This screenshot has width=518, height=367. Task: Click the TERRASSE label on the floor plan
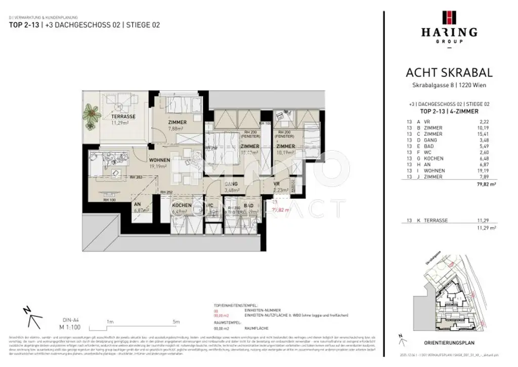click(x=123, y=116)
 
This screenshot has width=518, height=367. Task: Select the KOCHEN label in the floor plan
click(x=182, y=205)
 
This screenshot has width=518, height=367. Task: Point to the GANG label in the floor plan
click(x=232, y=184)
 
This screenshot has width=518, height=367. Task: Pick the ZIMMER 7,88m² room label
click(x=178, y=122)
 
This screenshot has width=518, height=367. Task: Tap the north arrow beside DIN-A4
click(x=33, y=318)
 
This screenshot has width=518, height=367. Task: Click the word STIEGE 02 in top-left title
click(x=143, y=25)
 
